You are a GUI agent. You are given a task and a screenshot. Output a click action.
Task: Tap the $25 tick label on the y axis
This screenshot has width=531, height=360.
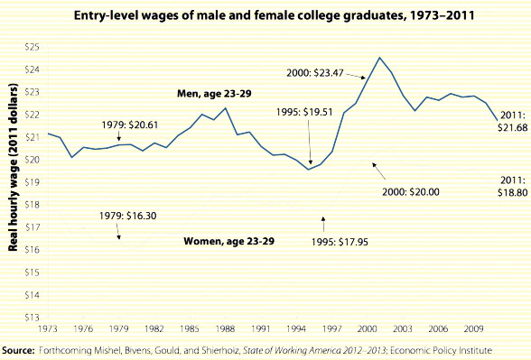click(x=32, y=45)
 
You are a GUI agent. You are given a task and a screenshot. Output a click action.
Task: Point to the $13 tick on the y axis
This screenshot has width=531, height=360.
click(x=32, y=317)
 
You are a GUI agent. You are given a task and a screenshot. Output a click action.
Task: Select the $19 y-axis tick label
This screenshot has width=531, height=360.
click(x=32, y=181)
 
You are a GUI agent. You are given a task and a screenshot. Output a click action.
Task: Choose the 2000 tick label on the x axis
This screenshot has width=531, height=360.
click(x=368, y=328)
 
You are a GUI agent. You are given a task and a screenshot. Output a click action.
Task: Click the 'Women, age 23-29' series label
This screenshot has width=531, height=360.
click(x=228, y=242)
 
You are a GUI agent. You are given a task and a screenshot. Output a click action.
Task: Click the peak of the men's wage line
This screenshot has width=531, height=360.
click(x=380, y=58)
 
